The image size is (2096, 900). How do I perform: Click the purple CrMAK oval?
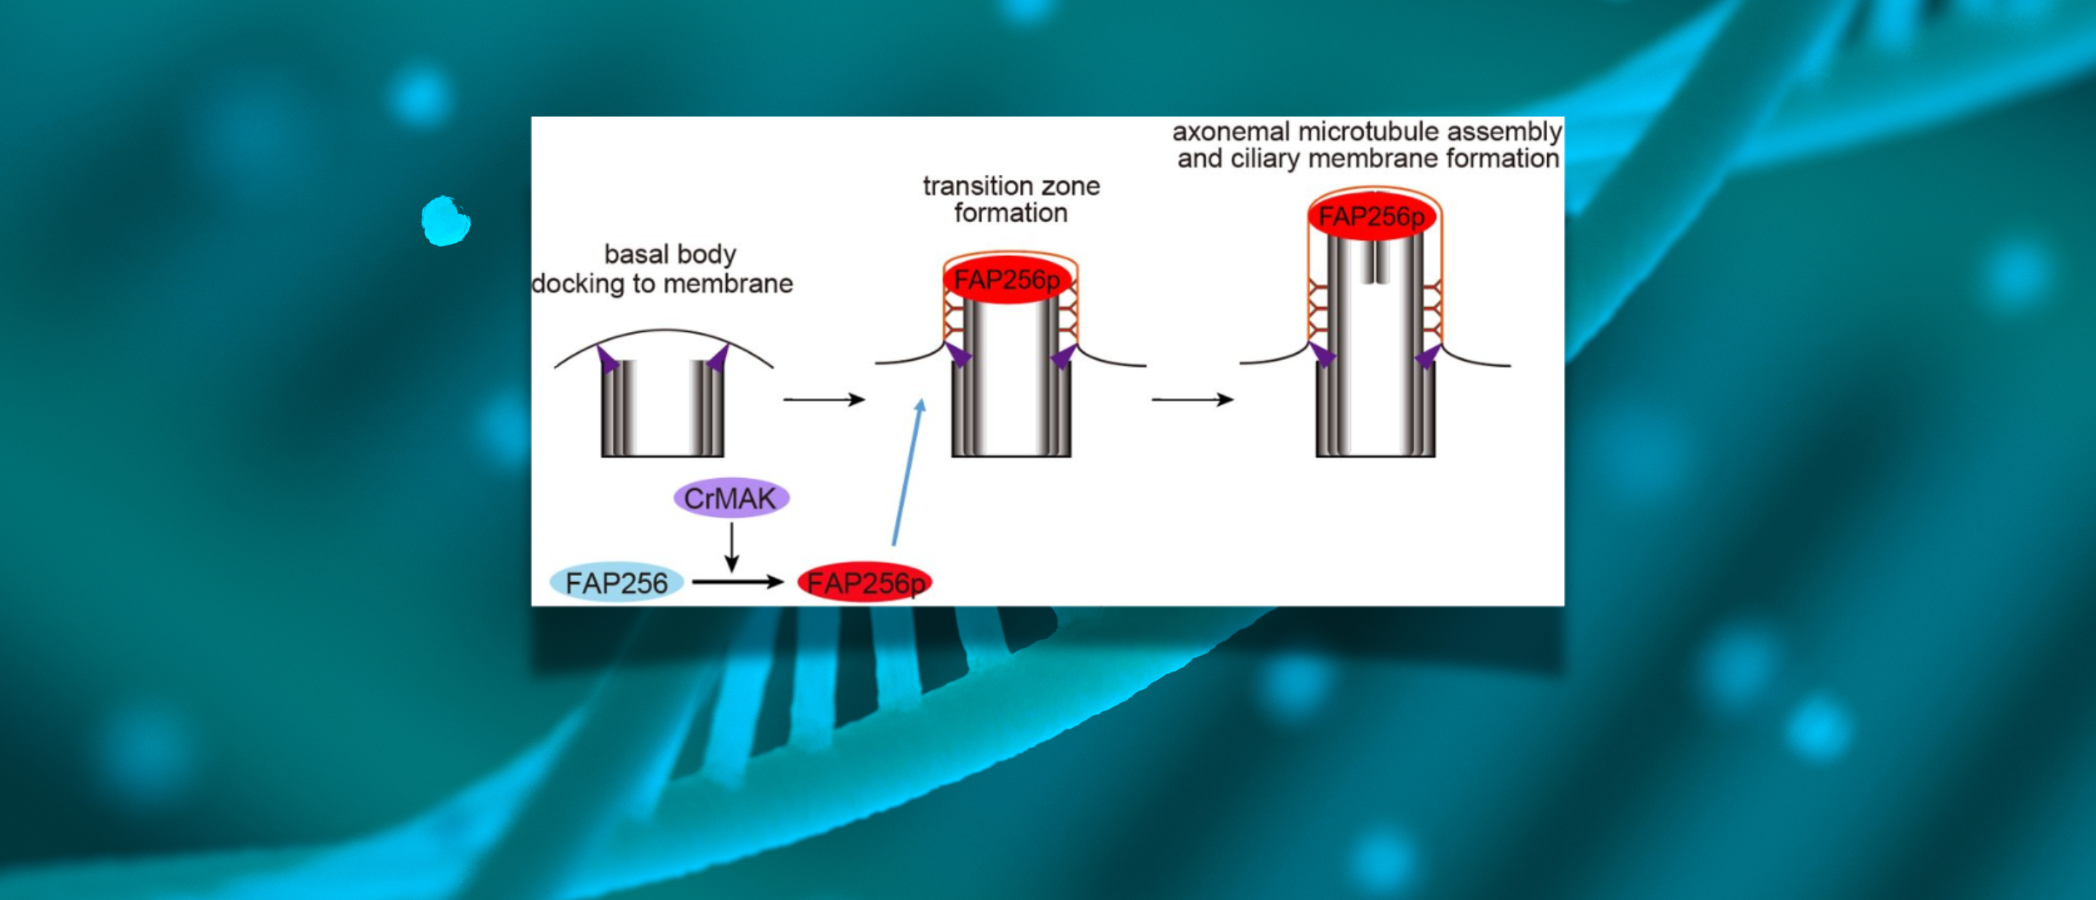pos(731,498)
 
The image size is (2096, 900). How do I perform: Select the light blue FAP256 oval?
pos(616,583)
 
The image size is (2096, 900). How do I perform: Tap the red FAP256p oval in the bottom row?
pos(865,583)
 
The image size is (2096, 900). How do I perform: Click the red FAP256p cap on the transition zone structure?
pos(1007,280)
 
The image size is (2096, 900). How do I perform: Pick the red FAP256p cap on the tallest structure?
pos(1372,217)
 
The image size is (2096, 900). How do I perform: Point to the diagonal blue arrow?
pos(907,472)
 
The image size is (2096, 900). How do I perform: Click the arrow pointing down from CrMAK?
pos(732,548)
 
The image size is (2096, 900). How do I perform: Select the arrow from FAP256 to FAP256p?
pos(737,581)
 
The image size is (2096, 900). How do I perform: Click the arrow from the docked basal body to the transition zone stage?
pos(824,399)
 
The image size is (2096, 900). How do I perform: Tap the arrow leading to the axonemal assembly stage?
pos(1192,399)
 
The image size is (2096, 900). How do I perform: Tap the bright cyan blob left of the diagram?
pos(446,221)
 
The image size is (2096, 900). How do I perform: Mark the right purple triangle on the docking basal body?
pos(718,359)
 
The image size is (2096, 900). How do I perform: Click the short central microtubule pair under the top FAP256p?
pos(1375,262)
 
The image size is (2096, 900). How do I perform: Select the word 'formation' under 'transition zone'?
pos(1011,213)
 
